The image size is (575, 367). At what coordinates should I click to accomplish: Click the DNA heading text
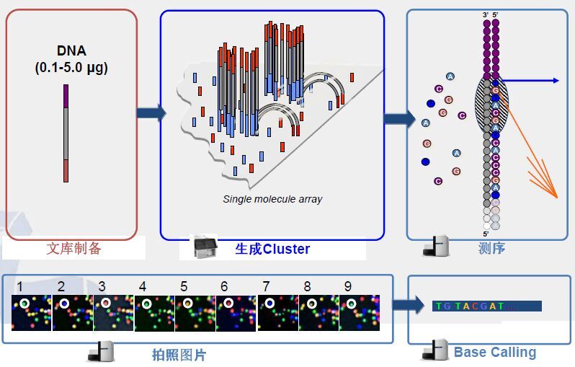(71, 51)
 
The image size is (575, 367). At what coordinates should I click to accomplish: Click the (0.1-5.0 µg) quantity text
(71, 68)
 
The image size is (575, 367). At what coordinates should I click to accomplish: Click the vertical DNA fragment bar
(66, 133)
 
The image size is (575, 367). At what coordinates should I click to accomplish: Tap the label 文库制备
(74, 249)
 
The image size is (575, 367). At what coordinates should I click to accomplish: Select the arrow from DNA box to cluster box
(151, 112)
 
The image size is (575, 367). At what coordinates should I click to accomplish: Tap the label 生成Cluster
(272, 249)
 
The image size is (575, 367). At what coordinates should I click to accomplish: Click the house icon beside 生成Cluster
(206, 247)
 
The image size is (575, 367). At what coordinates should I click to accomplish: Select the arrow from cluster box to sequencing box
(398, 118)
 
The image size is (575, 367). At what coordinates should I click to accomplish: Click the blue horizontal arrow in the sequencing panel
(530, 81)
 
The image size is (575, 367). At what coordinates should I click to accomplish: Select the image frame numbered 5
(195, 311)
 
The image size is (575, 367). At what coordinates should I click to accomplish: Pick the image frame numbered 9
(360, 311)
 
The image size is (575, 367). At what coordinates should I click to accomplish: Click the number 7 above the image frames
(266, 286)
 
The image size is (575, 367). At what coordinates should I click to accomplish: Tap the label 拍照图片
(179, 355)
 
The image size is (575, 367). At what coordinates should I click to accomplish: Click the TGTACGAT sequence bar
(486, 306)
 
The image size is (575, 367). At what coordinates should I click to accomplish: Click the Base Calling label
(495, 353)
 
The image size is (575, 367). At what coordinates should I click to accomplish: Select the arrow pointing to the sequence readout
(409, 305)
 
